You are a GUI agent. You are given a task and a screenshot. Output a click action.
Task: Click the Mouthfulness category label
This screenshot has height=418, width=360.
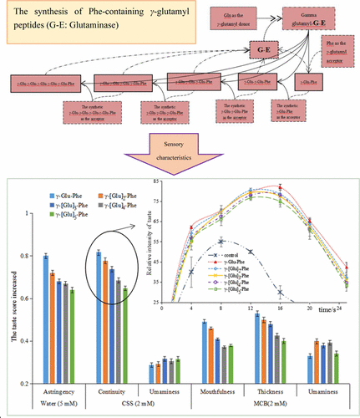215,390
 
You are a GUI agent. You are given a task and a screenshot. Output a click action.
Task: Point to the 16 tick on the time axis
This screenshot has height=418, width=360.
280,308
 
